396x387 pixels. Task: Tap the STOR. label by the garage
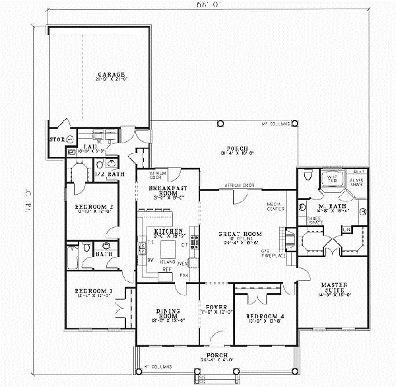(x=55, y=139)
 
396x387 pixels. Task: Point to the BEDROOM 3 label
(x=88, y=291)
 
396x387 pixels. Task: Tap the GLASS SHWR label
(x=358, y=183)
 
